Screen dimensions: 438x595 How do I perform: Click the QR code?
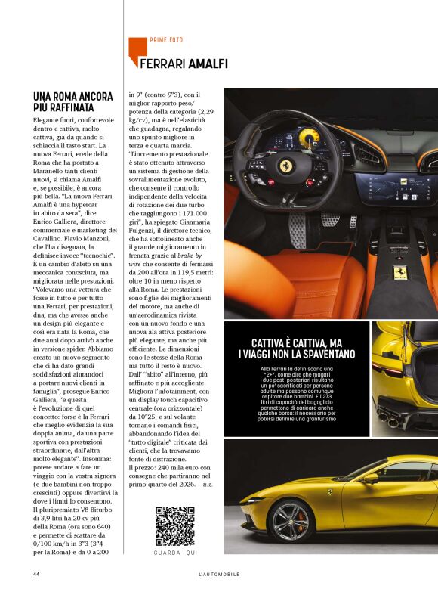click(x=175, y=527)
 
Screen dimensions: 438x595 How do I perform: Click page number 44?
click(x=35, y=574)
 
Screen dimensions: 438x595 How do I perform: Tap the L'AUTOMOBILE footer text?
click(x=218, y=574)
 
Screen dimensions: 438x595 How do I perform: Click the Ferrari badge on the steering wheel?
click(x=286, y=166)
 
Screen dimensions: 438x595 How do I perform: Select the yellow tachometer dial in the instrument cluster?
click(x=309, y=138)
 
